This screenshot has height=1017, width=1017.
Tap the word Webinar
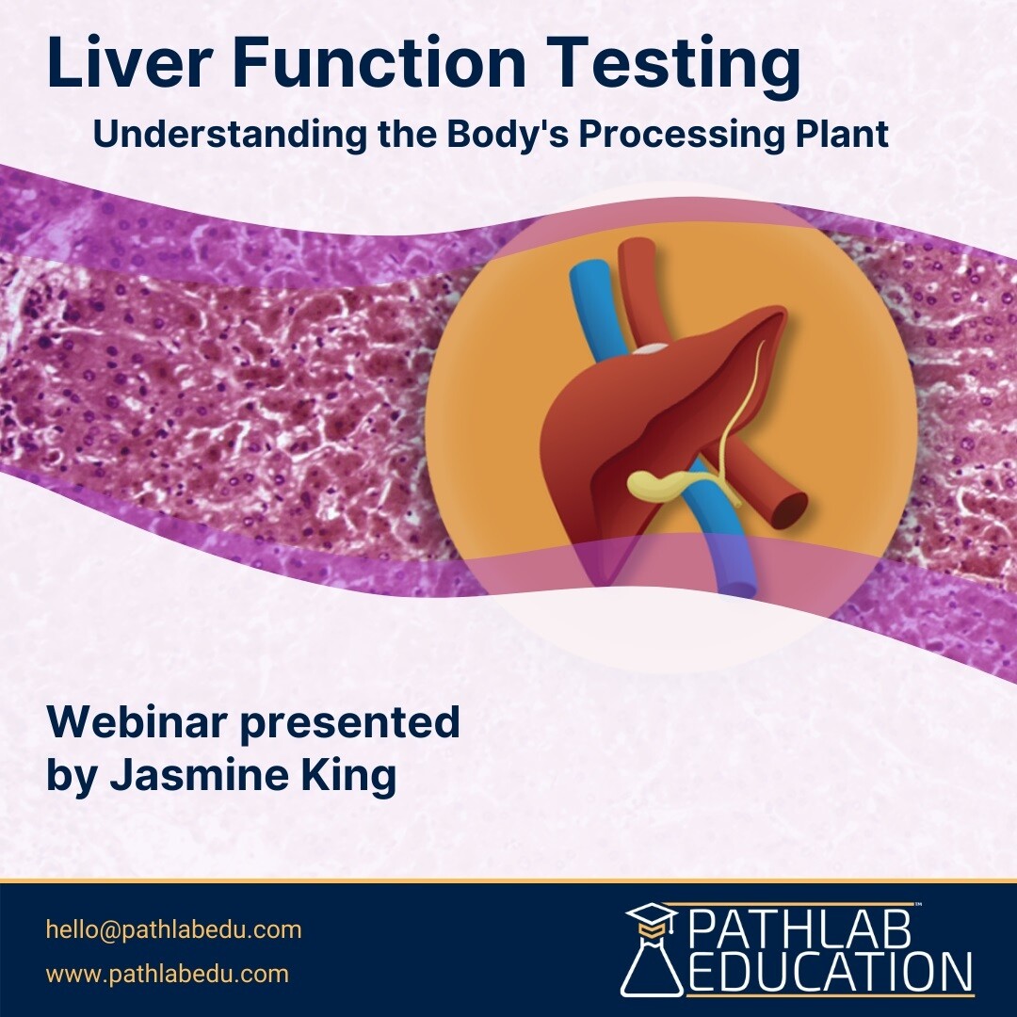click(x=137, y=722)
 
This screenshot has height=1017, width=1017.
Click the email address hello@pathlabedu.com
click(x=174, y=929)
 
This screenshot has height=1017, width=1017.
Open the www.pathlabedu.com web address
click(x=168, y=974)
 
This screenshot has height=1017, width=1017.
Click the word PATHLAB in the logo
click(x=799, y=927)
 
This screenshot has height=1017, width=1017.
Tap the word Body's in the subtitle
click(x=508, y=135)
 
